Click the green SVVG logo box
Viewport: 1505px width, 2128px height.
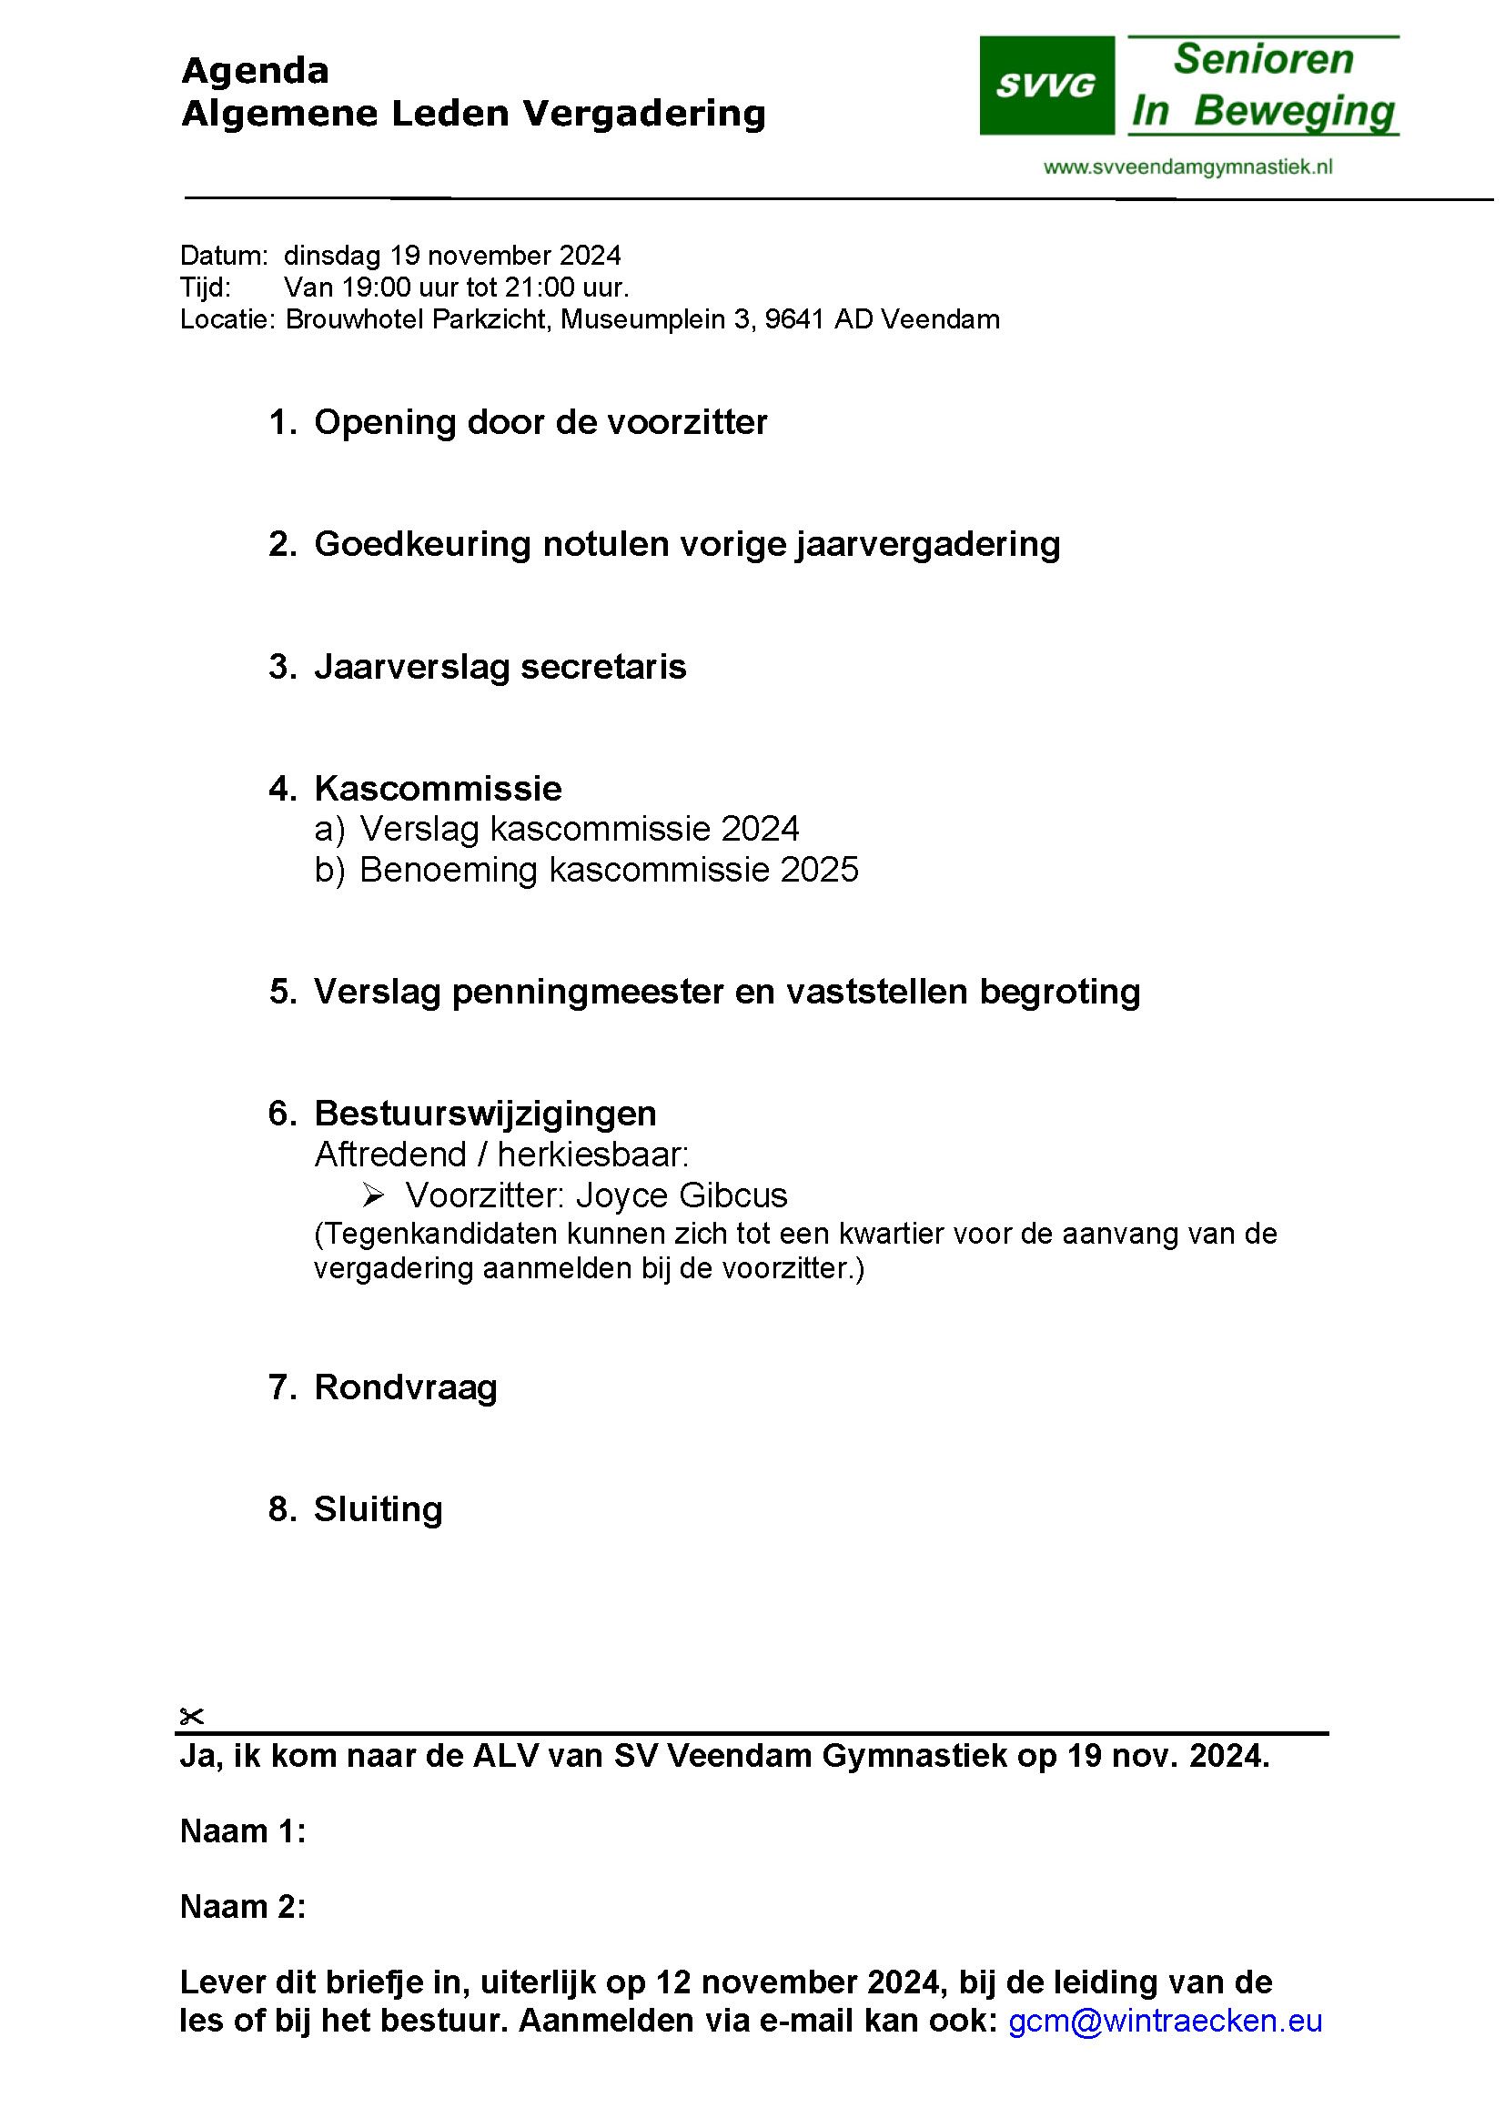coord(1046,86)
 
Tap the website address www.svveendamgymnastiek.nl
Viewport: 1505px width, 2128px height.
coord(1187,166)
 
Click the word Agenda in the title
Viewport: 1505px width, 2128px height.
coord(255,70)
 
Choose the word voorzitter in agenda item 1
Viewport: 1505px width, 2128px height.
coord(687,423)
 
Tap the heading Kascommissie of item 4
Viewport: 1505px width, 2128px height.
coord(438,788)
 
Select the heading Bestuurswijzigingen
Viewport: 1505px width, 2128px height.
coord(485,1113)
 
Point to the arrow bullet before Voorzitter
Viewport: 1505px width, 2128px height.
coord(373,1195)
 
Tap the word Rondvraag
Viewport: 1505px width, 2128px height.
coord(405,1387)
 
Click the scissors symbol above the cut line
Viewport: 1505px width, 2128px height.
coord(191,1717)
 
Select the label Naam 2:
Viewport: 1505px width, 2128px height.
coord(242,1907)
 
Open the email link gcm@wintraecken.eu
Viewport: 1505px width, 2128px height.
coord(1164,2021)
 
